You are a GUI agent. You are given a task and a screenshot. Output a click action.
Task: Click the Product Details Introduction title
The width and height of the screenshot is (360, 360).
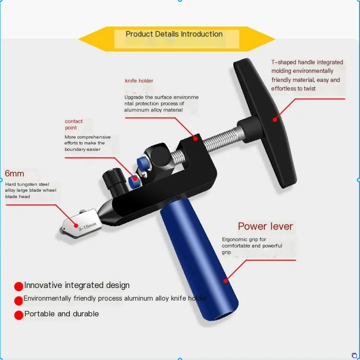pos(174,34)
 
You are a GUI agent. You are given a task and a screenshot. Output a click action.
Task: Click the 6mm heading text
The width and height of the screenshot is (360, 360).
pos(14,174)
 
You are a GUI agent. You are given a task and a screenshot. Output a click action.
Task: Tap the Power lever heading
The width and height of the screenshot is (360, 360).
pos(265,226)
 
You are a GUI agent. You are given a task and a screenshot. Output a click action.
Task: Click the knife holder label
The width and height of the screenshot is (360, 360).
pos(139,81)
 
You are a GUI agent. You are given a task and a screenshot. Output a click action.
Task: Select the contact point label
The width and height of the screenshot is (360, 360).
pos(73,124)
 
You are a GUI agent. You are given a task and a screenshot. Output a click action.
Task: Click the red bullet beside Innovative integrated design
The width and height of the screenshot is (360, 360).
pos(18,286)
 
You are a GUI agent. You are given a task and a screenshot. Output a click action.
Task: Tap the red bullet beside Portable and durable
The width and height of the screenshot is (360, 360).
pos(18,315)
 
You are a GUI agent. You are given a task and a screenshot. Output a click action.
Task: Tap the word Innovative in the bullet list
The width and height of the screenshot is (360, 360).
pos(43,285)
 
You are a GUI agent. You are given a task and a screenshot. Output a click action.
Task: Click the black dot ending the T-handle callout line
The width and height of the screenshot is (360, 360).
pos(274,119)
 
